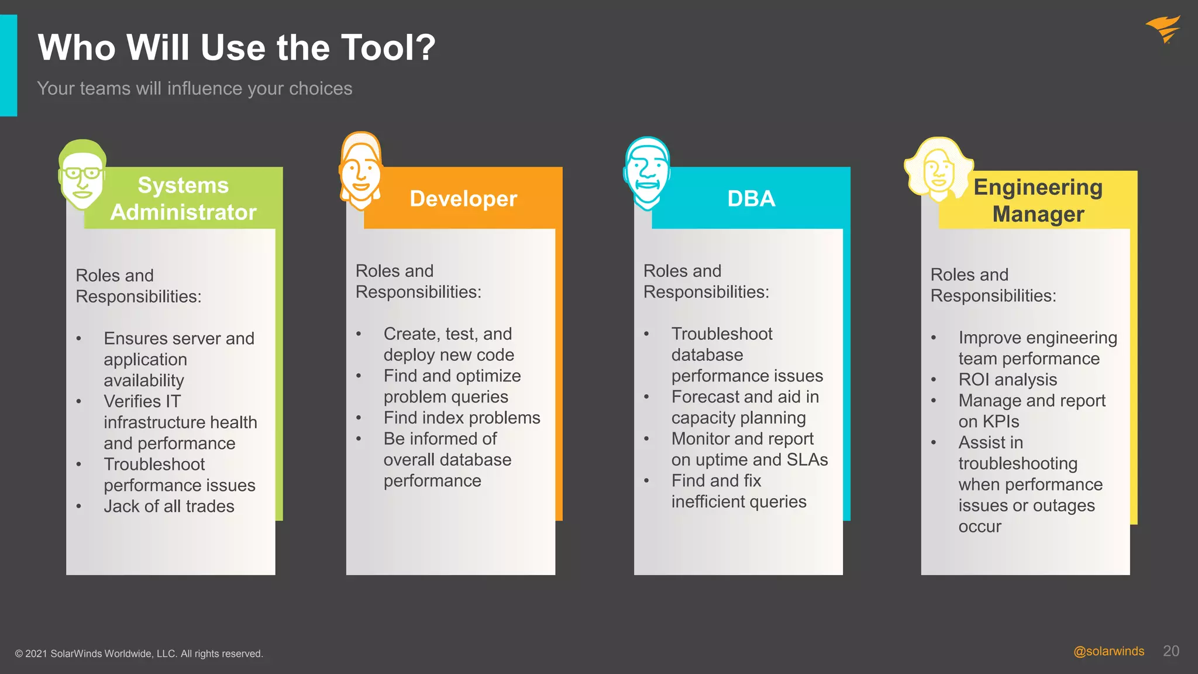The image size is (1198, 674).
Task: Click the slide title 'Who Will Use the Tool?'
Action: click(x=236, y=47)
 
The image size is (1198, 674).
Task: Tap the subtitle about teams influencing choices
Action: click(x=194, y=88)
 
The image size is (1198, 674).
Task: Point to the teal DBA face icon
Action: click(x=646, y=174)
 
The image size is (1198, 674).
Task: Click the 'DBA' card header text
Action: click(x=751, y=199)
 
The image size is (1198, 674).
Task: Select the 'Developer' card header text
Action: click(x=463, y=199)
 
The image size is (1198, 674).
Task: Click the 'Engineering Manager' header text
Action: click(x=1038, y=201)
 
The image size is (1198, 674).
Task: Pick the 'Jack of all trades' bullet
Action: click(x=168, y=507)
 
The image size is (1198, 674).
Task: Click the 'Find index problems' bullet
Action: click(x=462, y=418)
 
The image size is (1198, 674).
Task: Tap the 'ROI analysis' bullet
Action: click(x=1007, y=380)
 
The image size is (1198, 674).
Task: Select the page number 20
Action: click(x=1171, y=651)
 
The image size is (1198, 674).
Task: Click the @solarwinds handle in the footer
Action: click(x=1109, y=651)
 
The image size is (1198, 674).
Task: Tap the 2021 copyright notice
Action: click(x=139, y=654)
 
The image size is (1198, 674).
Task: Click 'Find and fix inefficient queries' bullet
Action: click(x=738, y=491)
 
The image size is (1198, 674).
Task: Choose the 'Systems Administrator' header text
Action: click(x=183, y=199)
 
